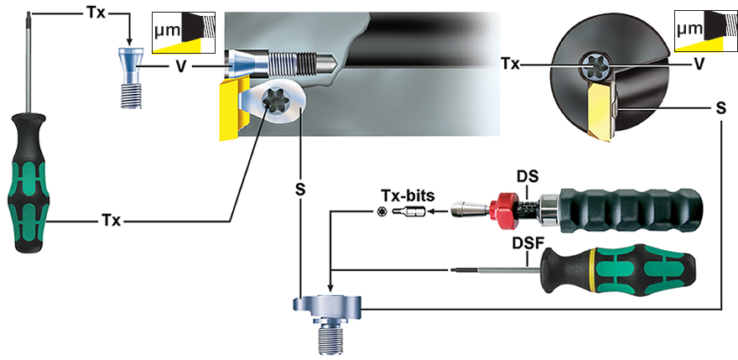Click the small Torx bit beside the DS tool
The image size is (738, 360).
[x=408, y=212]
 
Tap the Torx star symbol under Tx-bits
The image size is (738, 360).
[x=382, y=212]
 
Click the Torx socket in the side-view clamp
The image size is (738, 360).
[x=273, y=102]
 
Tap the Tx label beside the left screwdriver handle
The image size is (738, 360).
[x=111, y=221]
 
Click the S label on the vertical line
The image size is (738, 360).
[x=300, y=189]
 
